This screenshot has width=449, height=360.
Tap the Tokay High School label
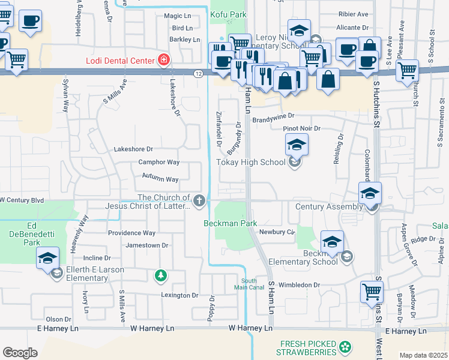[x=250, y=163]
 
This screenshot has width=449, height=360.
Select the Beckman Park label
[x=230, y=223]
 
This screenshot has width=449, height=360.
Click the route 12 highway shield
[x=198, y=73]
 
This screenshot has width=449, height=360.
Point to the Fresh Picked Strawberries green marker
[x=345, y=347]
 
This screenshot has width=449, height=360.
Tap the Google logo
[x=20, y=353]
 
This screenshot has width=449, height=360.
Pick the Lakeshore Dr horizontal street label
[x=133, y=149]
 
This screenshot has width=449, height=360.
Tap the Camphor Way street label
[x=159, y=162]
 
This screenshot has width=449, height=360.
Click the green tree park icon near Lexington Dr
[x=160, y=275]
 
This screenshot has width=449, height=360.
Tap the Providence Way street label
[x=131, y=233]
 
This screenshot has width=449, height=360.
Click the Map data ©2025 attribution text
[x=423, y=355]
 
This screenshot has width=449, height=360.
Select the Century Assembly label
[x=329, y=206]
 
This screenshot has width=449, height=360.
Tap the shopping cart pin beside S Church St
[x=407, y=71]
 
